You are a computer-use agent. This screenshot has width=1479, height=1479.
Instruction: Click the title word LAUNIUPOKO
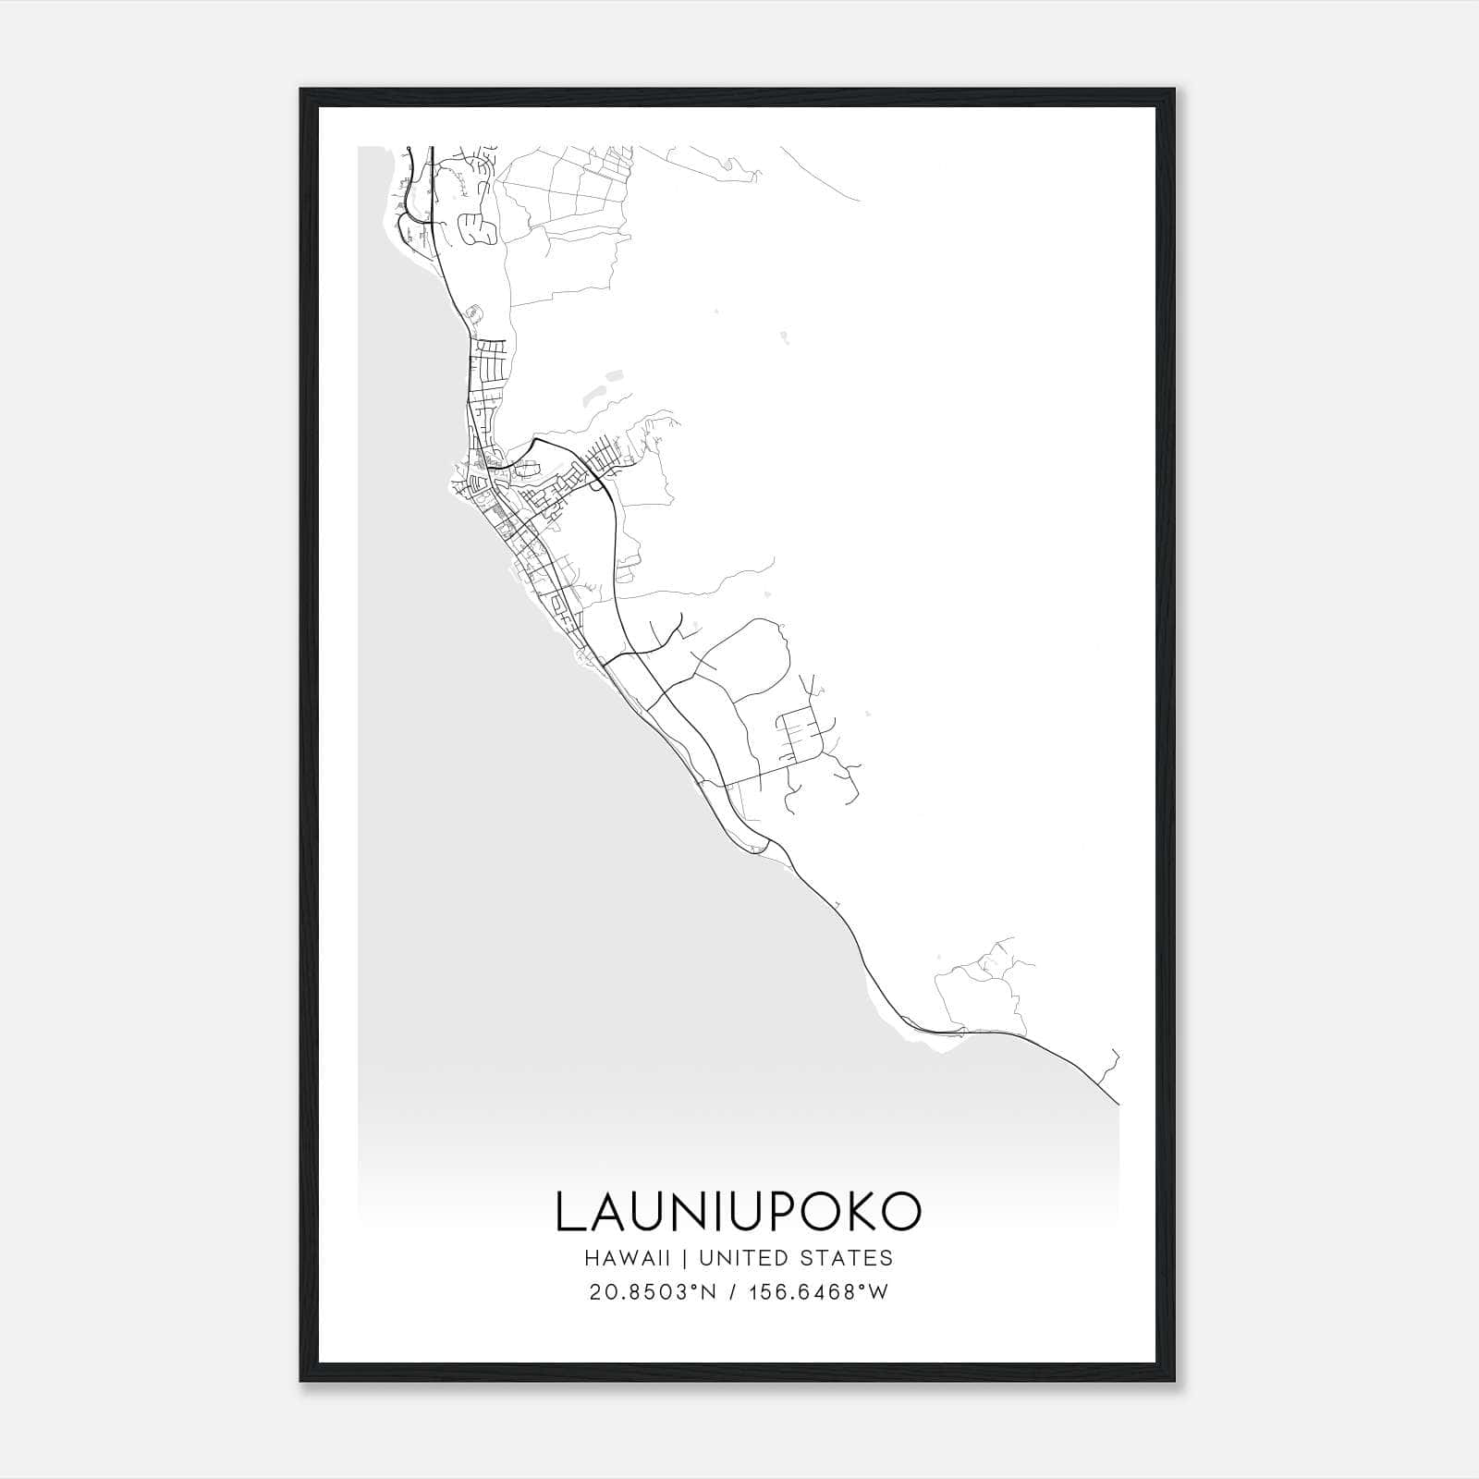738,1212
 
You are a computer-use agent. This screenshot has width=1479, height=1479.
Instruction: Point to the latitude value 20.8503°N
653,1292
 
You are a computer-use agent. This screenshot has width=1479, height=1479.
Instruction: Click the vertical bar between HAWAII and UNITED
687,1258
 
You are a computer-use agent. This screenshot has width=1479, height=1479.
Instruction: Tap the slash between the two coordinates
732,1292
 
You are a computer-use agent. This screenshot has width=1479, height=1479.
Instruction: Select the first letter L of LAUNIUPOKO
569,1212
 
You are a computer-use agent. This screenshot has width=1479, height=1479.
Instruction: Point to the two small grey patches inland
601,388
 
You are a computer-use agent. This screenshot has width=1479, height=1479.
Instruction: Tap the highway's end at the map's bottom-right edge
1118,1103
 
